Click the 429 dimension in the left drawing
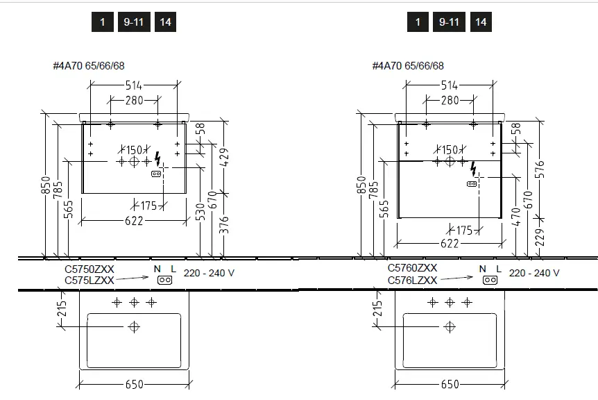point(225,157)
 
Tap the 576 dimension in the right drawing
point(540,169)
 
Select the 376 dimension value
point(225,225)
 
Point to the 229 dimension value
point(540,237)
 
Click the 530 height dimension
point(200,212)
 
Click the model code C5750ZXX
point(89,269)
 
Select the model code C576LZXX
point(412,281)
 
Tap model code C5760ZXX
point(412,268)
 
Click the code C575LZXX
point(89,281)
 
